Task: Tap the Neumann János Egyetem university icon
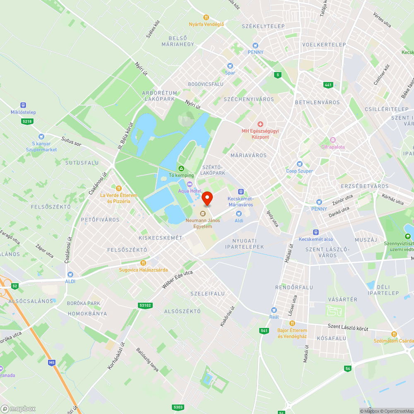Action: point(202,214)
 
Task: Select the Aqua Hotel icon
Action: point(190,184)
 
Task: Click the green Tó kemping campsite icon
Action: point(181,168)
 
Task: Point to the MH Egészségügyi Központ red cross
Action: point(260,124)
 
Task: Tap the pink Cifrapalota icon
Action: point(332,140)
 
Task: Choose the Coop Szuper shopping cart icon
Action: point(299,164)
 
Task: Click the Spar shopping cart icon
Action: point(230,66)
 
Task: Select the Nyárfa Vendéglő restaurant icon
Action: point(206,17)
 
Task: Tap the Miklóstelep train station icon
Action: point(23,106)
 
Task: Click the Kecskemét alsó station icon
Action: point(316,232)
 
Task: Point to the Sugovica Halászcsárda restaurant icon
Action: point(143,262)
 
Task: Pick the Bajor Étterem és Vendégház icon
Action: point(292,323)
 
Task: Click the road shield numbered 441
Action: point(328,84)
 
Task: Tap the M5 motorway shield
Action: point(51,363)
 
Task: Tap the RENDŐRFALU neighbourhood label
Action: point(294,287)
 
